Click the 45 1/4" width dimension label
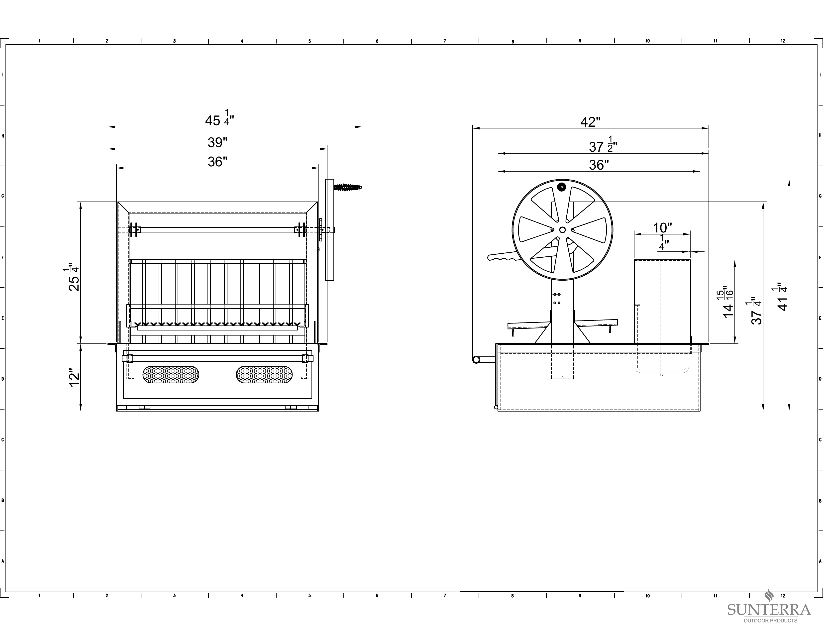[x=219, y=118]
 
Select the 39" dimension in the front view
[x=217, y=142]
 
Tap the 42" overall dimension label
[x=590, y=122]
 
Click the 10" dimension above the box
[x=662, y=227]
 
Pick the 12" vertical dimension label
[x=75, y=379]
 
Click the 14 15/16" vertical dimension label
[x=727, y=302]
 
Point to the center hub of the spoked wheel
[x=562, y=229]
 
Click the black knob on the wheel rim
[x=562, y=187]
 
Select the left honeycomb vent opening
[x=171, y=375]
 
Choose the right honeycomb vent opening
[x=264, y=375]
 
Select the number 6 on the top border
[x=377, y=41]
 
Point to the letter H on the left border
[x=3, y=136]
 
